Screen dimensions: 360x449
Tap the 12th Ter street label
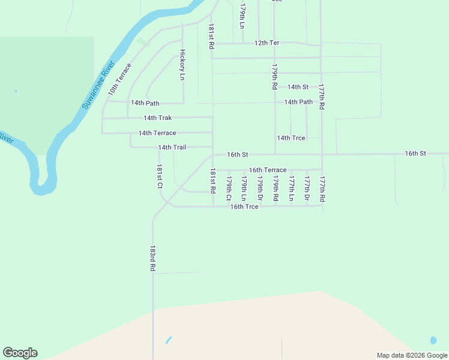tap(267, 43)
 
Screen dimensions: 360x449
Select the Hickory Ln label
tap(182, 65)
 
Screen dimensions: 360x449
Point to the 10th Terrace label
tap(119, 79)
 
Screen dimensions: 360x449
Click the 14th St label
tap(298, 87)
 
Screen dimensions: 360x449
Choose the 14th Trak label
tap(157, 118)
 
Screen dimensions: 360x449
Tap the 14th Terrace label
tap(157, 133)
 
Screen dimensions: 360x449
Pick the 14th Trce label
tap(291, 138)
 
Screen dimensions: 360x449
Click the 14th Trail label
tap(172, 148)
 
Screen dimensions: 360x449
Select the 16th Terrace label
tap(268, 170)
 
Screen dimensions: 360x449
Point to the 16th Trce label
tap(244, 207)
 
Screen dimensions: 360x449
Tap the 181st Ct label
tap(160, 178)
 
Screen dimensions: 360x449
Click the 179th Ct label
tap(229, 188)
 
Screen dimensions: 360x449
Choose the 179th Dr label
tap(260, 188)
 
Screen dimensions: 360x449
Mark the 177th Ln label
tap(291, 188)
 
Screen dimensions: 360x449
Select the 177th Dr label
tap(307, 188)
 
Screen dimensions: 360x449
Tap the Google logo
tap(20, 353)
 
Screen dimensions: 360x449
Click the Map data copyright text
tap(412, 355)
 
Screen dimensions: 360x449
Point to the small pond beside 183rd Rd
tap(168, 340)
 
